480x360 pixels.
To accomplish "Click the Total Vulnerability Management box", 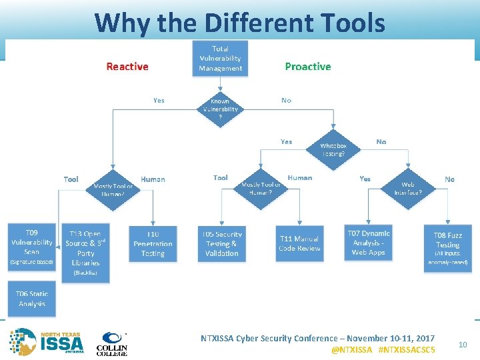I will coord(220,59).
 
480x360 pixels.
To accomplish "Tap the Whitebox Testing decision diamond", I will coord(333,149).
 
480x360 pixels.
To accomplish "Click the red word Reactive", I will coord(127,67).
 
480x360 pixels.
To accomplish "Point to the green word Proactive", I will coord(308,67).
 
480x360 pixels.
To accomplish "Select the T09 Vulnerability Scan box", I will coord(31,245).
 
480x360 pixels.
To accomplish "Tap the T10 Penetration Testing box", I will coord(153,244).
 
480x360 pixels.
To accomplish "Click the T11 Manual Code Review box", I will coord(299,244).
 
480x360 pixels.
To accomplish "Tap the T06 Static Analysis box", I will coord(32,299).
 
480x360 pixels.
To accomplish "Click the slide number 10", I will coord(463,345).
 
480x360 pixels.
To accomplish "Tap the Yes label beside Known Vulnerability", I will coord(159,101).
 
